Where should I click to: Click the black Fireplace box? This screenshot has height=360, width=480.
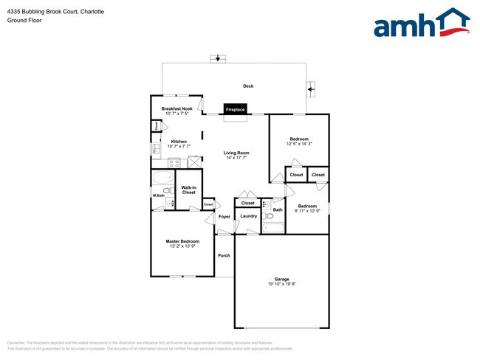pyautogui.click(x=236, y=109)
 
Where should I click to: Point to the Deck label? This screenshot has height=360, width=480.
pyautogui.click(x=248, y=86)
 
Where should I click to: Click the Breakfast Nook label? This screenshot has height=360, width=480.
pyautogui.click(x=177, y=108)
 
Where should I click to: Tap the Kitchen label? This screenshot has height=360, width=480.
pyautogui.click(x=179, y=142)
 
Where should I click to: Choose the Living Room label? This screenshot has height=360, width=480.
pyautogui.click(x=236, y=153)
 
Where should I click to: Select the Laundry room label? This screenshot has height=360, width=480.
pyautogui.click(x=248, y=216)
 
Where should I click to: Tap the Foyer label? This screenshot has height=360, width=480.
pyautogui.click(x=224, y=217)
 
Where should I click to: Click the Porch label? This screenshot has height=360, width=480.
pyautogui.click(x=224, y=255)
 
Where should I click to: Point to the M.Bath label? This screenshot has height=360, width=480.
pyautogui.click(x=159, y=195)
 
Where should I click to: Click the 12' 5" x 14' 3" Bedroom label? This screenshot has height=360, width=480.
pyautogui.click(x=299, y=139)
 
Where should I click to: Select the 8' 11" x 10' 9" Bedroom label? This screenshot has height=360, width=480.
pyautogui.click(x=307, y=206)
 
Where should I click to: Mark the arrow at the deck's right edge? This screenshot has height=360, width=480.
pyautogui.click(x=311, y=90)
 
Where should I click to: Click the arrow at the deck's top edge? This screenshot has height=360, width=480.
pyautogui.click(x=218, y=58)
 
